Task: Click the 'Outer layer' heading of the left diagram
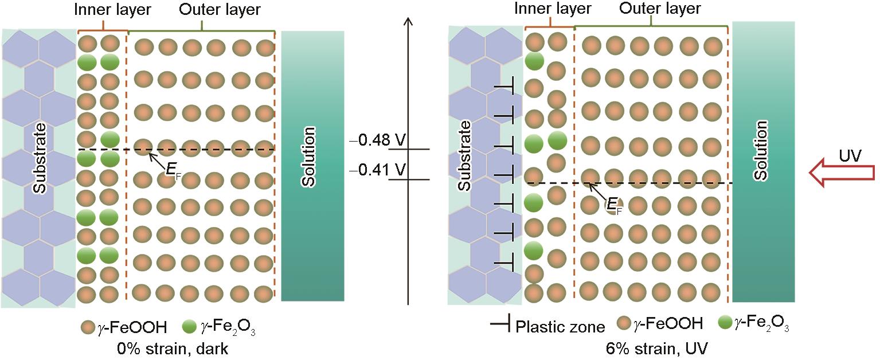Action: click(220, 9)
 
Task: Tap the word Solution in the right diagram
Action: click(761, 151)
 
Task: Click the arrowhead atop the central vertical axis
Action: click(408, 23)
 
